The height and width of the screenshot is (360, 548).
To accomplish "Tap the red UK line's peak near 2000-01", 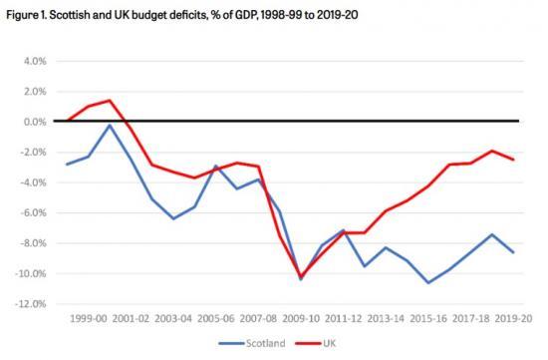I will [x=110, y=100].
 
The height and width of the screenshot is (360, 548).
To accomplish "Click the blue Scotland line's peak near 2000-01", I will [x=110, y=125].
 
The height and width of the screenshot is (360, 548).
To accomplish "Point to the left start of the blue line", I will [x=67, y=165].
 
